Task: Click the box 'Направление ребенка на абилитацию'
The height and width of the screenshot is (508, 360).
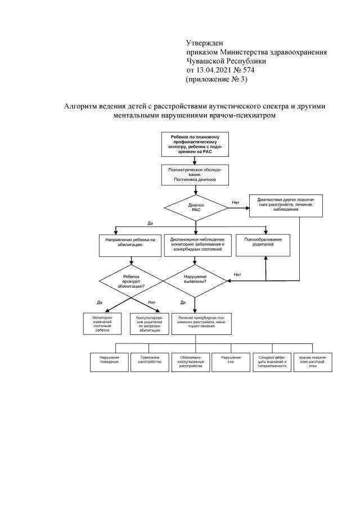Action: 130,244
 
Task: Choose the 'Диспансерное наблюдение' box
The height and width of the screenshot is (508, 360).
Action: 195,244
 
